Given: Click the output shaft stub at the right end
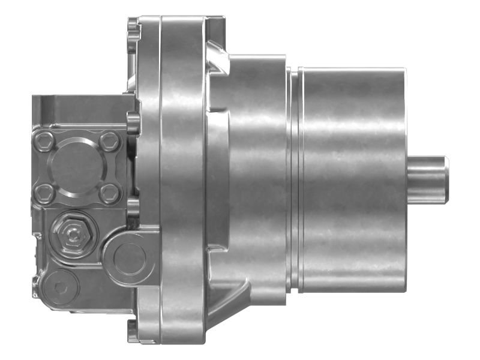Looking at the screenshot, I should (x=426, y=179).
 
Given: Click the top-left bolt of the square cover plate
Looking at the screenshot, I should (x=43, y=142).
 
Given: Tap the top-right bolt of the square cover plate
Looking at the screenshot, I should (x=109, y=142).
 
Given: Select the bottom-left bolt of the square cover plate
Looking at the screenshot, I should (x=43, y=193).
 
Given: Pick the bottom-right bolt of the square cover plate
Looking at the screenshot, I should (x=109, y=193).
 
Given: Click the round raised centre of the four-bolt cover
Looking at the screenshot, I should (x=76, y=167).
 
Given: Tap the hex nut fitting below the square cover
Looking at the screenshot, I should (x=73, y=233).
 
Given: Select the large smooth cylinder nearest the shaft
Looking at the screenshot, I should (x=354, y=179).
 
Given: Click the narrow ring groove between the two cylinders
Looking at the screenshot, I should (x=293, y=179).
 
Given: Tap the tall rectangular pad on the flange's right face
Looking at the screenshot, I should (x=217, y=179).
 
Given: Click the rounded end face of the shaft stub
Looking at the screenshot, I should (x=445, y=179).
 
